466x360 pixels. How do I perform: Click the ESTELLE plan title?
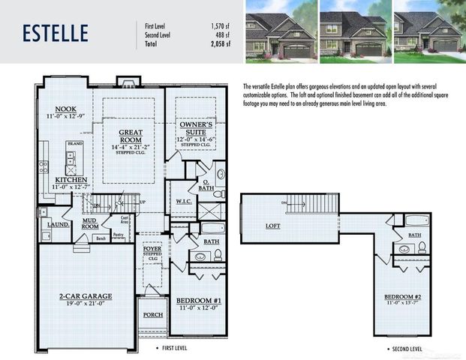click(55, 33)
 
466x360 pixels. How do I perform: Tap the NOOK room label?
click(57, 108)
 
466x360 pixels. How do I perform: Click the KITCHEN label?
click(71, 180)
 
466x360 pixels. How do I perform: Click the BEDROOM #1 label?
click(198, 301)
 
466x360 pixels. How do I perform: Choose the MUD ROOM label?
click(90, 225)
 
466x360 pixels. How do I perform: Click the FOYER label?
click(152, 247)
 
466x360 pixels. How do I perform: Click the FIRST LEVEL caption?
click(176, 349)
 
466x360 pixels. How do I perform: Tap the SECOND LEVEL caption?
click(405, 349)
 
